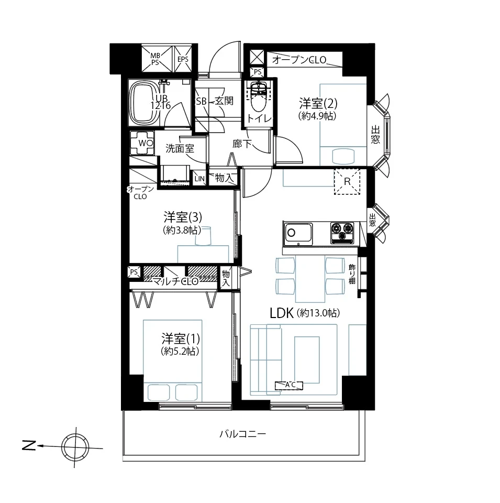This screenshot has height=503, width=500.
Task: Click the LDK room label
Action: point(282,313)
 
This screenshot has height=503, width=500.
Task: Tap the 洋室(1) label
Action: point(181,339)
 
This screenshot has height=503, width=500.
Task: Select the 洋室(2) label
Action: point(318,103)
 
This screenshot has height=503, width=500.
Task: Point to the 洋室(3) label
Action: point(183,217)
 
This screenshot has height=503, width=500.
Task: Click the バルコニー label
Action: point(242,434)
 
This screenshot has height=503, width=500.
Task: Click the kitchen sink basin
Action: point(298,233)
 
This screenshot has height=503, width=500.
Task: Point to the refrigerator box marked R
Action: point(347,182)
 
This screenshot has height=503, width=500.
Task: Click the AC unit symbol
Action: point(289,385)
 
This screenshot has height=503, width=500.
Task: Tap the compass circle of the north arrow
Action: point(76,446)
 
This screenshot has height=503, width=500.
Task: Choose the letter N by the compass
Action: point(29,445)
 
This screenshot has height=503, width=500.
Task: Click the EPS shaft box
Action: point(183,59)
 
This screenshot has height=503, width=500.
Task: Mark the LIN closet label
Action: point(199,179)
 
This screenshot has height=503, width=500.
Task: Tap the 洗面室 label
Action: point(180,148)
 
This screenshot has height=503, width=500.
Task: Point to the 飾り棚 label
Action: point(352,274)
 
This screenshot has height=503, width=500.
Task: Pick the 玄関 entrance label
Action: point(224,101)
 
